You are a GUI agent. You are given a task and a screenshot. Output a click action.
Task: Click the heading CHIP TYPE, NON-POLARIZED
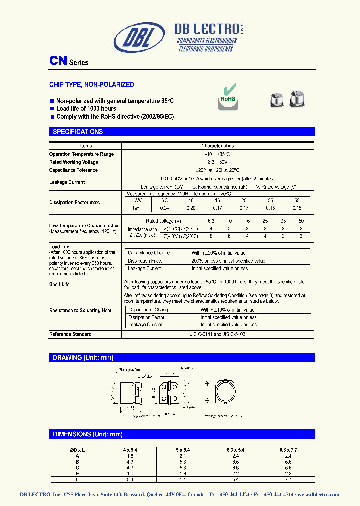91,85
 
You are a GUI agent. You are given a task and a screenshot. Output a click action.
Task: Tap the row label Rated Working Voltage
73,162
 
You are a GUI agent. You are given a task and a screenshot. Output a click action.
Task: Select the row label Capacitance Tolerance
73,170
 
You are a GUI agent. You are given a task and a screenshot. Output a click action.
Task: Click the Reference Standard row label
70,334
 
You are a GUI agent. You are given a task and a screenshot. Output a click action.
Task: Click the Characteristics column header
217,146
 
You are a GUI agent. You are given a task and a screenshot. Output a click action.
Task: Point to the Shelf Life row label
59,284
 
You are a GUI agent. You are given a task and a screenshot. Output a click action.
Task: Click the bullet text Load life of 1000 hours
86,108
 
